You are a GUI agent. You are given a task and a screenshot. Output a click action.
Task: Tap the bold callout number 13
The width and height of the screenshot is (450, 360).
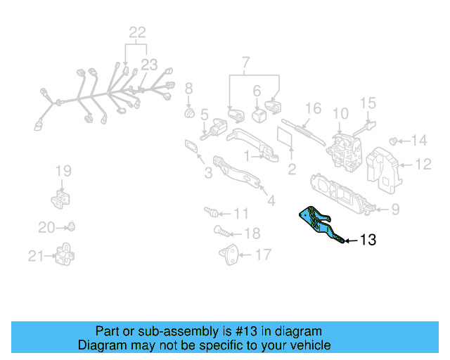[368, 240]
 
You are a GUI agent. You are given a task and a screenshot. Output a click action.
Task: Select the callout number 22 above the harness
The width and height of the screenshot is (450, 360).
[136, 32]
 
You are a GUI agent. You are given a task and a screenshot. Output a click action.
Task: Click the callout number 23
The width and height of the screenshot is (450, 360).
[148, 65]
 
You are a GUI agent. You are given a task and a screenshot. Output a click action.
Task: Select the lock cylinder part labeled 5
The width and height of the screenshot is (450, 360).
[214, 130]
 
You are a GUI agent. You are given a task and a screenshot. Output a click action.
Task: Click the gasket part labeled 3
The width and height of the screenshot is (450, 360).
[191, 146]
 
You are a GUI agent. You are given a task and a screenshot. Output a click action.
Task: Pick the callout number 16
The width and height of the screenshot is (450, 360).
[313, 109]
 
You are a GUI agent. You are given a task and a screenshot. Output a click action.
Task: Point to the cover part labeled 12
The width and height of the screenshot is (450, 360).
[385, 168]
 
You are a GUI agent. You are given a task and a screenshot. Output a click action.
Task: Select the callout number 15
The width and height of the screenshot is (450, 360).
[368, 104]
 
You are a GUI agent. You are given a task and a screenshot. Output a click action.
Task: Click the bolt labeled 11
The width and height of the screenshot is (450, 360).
[211, 211]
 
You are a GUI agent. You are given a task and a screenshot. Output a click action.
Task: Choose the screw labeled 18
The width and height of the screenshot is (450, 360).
[219, 231]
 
